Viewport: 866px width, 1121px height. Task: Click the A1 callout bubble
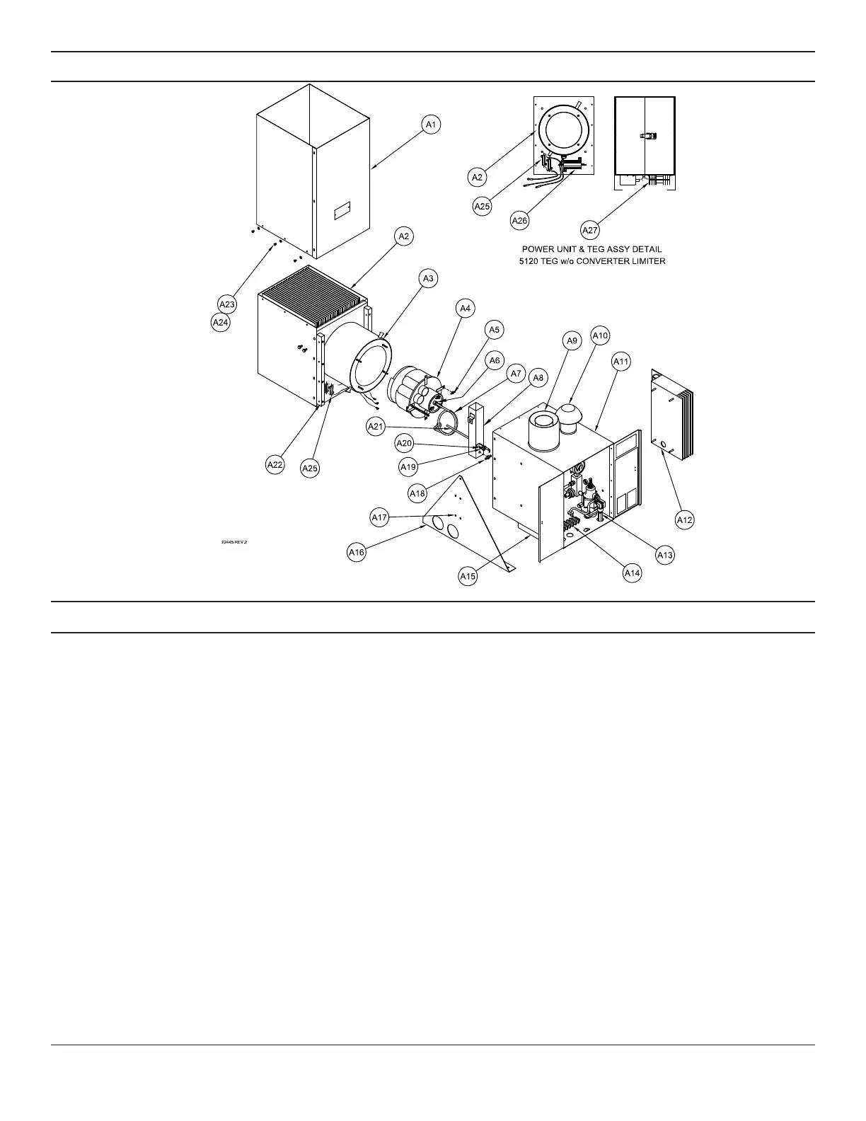(x=432, y=125)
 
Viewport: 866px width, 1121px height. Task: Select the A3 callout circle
(x=427, y=279)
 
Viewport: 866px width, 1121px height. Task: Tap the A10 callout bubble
(x=600, y=335)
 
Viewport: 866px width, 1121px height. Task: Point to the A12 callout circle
(x=684, y=519)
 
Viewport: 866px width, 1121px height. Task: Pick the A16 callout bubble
(x=357, y=552)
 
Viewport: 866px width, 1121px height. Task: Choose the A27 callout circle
(x=590, y=229)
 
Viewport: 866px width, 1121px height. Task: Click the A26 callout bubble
(x=520, y=220)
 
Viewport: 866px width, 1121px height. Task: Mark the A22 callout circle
(x=275, y=465)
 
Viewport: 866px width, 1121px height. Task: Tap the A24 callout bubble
(x=221, y=323)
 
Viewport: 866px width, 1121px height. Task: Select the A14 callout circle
(x=632, y=573)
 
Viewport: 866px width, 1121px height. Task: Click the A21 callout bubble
(x=376, y=426)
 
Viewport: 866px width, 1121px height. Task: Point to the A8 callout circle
(x=538, y=378)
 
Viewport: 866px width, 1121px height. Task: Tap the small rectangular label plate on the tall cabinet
(x=342, y=210)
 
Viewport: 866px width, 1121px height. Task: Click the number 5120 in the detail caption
(x=532, y=260)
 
